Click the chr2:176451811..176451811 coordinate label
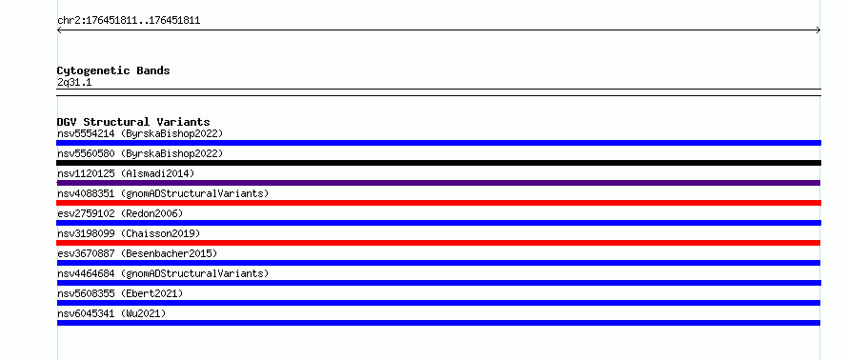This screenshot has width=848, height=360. click(129, 21)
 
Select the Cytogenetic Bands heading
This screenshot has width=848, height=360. click(113, 70)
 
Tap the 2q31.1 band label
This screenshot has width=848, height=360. click(74, 82)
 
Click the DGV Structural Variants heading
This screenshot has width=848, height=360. click(133, 122)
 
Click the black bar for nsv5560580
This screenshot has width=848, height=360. click(438, 163)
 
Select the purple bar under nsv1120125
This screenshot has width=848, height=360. click(438, 183)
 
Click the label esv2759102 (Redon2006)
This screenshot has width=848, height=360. click(120, 213)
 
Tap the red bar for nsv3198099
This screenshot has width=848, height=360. click(438, 243)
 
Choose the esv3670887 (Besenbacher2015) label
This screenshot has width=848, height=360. click(137, 253)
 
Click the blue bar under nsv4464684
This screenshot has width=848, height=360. click(438, 283)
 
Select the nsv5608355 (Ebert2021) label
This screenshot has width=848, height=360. click(120, 293)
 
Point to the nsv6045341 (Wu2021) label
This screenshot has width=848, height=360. click(111, 313)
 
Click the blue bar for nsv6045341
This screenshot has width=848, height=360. click(438, 323)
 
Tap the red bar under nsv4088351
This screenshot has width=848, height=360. click(438, 203)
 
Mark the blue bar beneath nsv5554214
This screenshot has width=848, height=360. click(438, 143)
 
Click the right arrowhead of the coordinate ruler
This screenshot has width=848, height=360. click(819, 30)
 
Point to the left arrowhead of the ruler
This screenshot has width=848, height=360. click(58, 30)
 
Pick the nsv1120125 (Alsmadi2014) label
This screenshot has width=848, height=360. click(126, 173)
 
